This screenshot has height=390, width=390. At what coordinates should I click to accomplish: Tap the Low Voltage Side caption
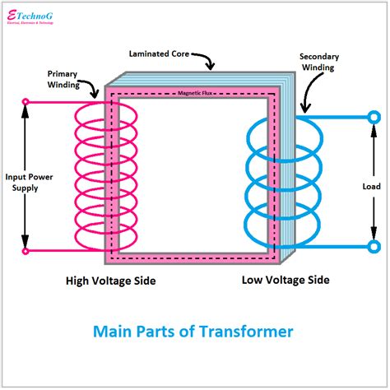(286, 281)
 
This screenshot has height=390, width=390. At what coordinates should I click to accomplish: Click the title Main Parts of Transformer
(194, 332)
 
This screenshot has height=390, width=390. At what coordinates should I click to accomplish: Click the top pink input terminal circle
(26, 103)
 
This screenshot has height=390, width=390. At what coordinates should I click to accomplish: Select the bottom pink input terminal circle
(26, 251)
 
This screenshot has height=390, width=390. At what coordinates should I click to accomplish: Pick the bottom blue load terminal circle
(374, 245)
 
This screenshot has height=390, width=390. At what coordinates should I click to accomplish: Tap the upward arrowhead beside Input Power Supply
(26, 115)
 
